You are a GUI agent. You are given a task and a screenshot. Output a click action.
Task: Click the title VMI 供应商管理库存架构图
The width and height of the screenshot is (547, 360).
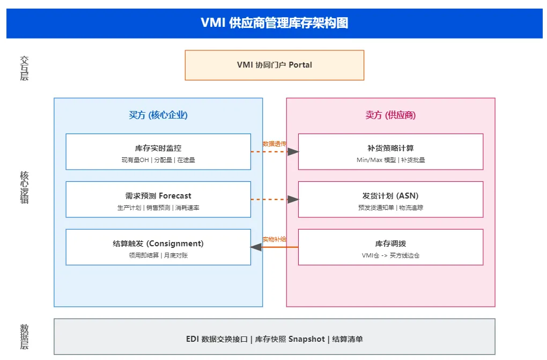274,23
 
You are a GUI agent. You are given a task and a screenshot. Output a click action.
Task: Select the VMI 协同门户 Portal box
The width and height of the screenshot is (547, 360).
274,65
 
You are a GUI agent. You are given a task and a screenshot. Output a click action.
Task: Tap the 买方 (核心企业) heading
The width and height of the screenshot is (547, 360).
158,115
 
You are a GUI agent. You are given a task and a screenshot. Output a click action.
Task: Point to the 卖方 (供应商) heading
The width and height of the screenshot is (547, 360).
390,115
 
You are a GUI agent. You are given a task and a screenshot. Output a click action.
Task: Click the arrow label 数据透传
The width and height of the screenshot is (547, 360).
274,144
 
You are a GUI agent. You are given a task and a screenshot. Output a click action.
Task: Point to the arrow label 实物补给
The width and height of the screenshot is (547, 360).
274,239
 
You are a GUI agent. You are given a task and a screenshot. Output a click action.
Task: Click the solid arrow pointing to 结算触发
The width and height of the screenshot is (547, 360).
274,247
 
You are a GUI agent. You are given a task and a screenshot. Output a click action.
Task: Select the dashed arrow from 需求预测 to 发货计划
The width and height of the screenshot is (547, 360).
274,200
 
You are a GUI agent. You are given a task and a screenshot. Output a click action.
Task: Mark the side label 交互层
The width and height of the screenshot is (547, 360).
24,68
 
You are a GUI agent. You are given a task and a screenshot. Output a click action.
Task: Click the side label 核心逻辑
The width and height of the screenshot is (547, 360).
24,187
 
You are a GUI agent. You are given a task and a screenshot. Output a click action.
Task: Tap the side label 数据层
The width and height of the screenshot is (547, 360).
24,336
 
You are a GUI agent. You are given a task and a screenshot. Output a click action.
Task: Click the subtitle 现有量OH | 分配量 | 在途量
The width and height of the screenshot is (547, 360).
158,160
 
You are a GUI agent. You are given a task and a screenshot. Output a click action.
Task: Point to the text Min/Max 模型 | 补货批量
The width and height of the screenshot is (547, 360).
390,160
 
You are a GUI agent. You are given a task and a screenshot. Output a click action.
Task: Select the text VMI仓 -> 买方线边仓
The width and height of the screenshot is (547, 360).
390,255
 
